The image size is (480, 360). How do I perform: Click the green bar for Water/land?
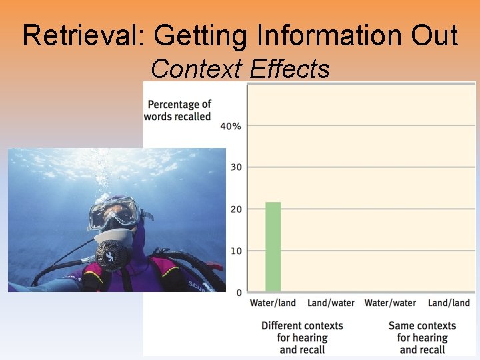pyautogui.click(x=273, y=247)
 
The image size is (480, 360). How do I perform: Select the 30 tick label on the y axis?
pyautogui.click(x=235, y=167)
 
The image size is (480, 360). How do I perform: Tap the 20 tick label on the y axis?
pyautogui.click(x=235, y=209)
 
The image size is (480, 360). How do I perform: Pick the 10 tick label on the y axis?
pyautogui.click(x=235, y=251)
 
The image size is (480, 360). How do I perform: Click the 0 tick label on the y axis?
pyautogui.click(x=239, y=293)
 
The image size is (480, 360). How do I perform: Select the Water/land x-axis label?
pyautogui.click(x=273, y=303)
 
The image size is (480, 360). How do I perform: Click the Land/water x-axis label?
pyautogui.click(x=331, y=303)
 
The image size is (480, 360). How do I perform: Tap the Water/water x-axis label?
pyautogui.click(x=390, y=303)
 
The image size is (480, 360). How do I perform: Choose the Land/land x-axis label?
pyautogui.click(x=449, y=303)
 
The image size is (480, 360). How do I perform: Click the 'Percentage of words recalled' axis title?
pyautogui.click(x=179, y=110)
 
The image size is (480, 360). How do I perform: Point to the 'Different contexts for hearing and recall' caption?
pyautogui.click(x=302, y=337)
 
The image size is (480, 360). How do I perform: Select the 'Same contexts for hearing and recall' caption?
pyautogui.click(x=422, y=337)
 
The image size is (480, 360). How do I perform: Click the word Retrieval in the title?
pyautogui.click(x=77, y=35)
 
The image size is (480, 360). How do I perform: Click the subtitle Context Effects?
pyautogui.click(x=240, y=68)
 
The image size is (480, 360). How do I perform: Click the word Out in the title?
pyautogui.click(x=435, y=35)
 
